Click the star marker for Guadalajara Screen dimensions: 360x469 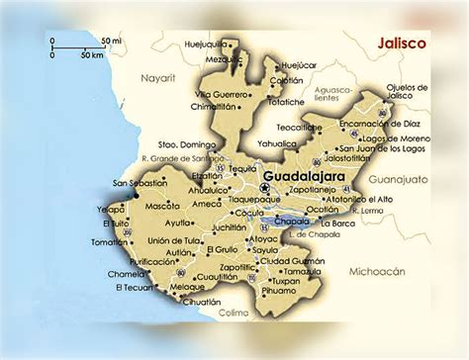(264, 187)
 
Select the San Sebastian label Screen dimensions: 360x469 (139, 183)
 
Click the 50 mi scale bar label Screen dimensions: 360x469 (110, 42)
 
